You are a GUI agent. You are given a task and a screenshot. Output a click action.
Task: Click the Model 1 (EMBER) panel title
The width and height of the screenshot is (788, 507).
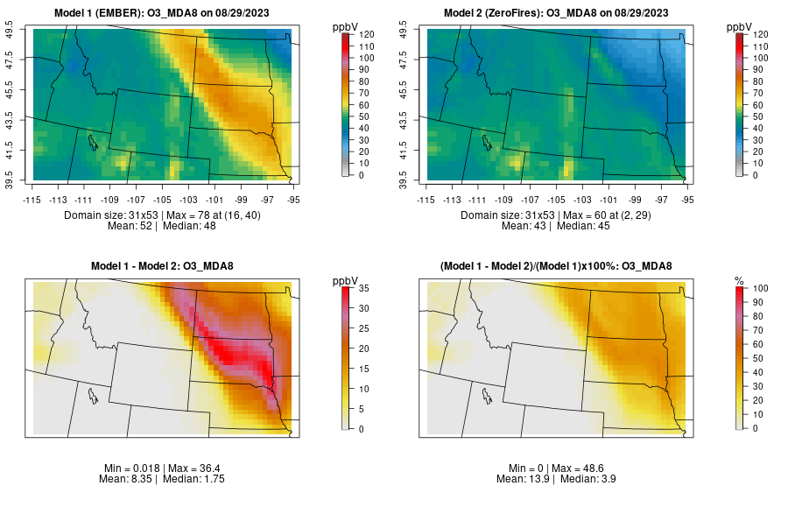point(166,12)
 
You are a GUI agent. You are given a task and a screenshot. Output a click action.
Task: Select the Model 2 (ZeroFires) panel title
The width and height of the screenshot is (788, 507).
point(559,12)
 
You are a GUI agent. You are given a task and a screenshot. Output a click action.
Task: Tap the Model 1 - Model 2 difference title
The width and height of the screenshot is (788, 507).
point(165,266)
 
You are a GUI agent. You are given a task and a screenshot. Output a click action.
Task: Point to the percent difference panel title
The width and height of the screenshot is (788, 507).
point(559,266)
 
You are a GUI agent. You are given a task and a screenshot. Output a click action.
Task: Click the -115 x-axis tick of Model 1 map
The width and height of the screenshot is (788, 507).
point(32,199)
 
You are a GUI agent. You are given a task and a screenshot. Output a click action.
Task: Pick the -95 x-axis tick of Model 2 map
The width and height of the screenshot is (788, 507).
point(687,199)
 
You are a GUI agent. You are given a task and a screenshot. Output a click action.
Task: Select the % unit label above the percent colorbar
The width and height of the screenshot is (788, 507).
point(739,280)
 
